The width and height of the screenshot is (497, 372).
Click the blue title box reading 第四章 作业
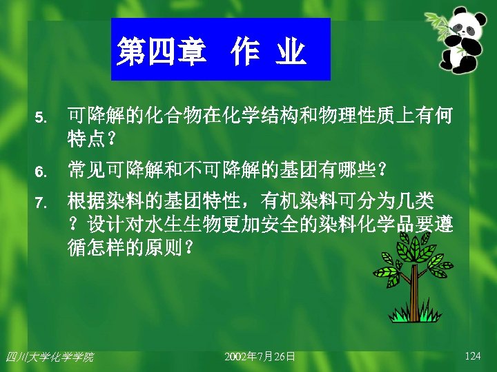(x=220, y=50)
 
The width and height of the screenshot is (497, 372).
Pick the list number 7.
(x=41, y=203)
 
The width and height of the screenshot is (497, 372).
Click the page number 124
(x=473, y=356)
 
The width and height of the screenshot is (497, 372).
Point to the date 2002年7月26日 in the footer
(x=260, y=356)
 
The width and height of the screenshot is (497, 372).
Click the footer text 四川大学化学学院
(x=49, y=357)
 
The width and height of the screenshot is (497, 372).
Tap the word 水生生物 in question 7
(x=172, y=225)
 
